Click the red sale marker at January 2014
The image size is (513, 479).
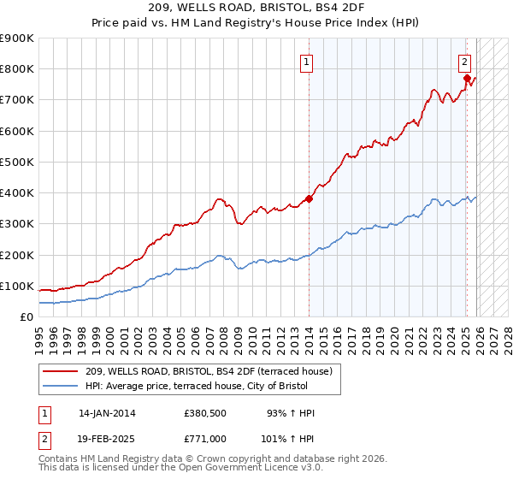(309, 198)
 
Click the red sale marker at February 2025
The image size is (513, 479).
(467, 78)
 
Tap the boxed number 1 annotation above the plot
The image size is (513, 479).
(305, 62)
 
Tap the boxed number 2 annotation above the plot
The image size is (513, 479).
(463, 62)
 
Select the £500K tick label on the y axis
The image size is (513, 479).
(17, 162)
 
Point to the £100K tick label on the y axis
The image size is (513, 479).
(17, 286)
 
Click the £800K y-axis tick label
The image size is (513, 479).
(17, 68)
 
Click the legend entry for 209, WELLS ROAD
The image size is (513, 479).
(213, 371)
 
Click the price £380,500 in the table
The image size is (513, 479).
(206, 413)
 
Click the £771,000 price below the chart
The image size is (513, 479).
(206, 438)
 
